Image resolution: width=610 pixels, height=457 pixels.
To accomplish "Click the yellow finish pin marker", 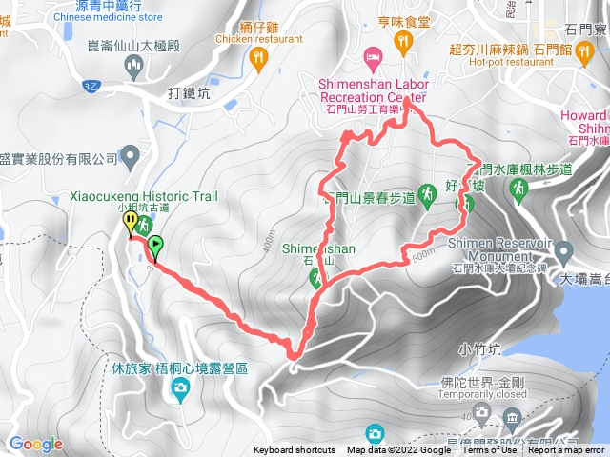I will tap(130, 223).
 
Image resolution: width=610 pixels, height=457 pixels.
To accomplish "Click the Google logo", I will tap(35, 444).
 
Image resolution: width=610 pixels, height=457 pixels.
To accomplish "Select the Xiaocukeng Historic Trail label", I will tap(151, 196).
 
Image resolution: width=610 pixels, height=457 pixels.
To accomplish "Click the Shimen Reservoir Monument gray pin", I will tap(564, 252).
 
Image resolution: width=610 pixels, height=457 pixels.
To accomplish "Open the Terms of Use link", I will tap(489, 450).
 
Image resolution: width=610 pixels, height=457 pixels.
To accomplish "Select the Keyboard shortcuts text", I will tap(295, 450).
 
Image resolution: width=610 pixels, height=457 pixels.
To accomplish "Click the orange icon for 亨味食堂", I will tap(403, 41).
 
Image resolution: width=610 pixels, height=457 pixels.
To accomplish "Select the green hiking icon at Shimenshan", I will tap(316, 279).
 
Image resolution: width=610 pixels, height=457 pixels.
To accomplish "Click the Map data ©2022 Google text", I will tap(398, 450).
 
